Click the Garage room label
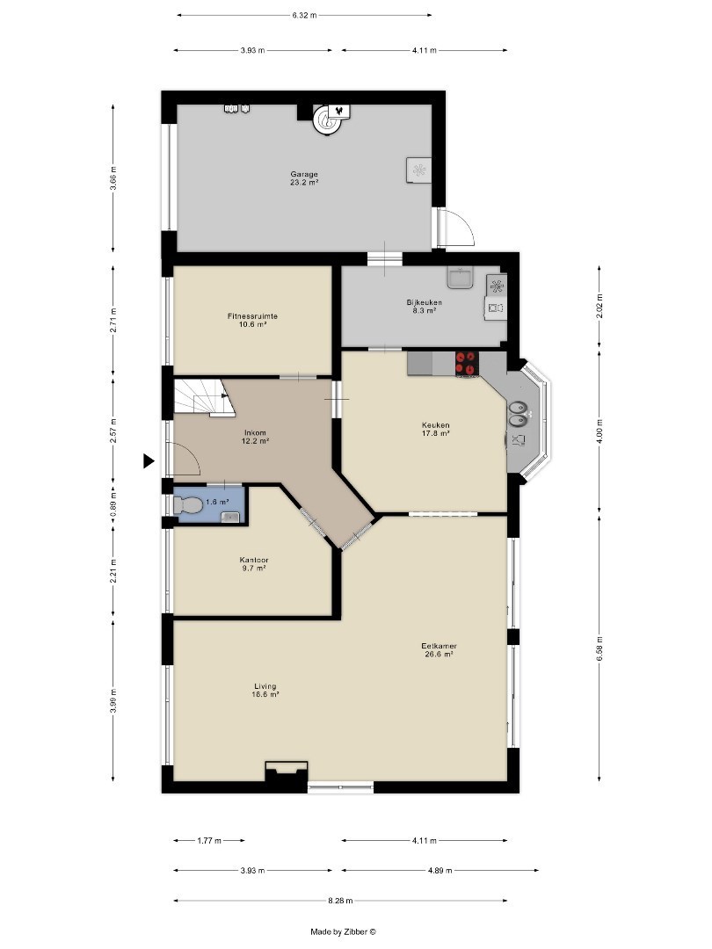click(304, 177)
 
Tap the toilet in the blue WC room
click(187, 504)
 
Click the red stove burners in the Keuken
click(467, 363)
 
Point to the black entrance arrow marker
click(149, 461)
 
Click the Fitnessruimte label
click(252, 320)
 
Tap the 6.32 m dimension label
click(304, 15)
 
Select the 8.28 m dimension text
click(340, 901)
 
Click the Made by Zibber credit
click(344, 932)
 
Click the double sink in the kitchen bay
click(517, 415)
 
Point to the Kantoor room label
click(254, 564)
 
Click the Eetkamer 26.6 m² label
click(439, 650)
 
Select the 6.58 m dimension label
click(599, 648)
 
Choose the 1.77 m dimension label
click(209, 841)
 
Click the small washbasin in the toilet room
click(230, 517)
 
